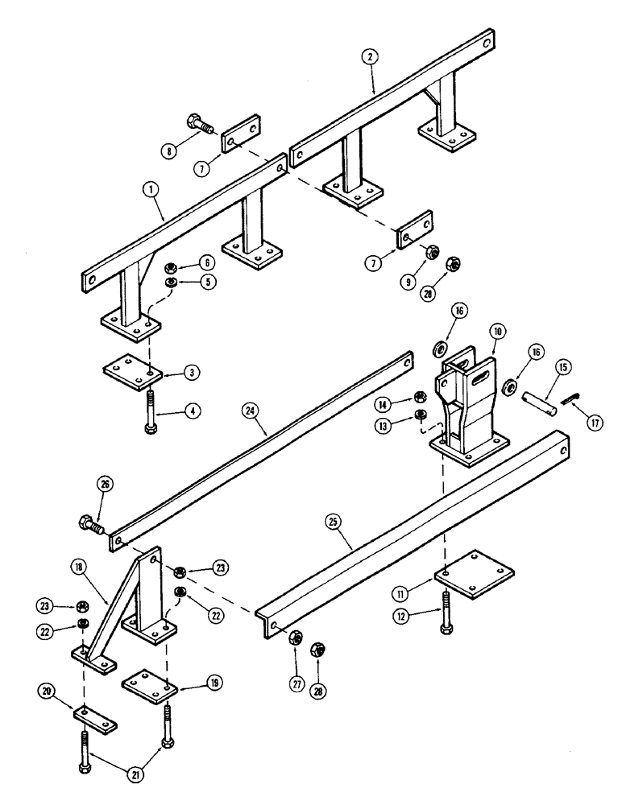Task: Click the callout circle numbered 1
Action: click(x=151, y=190)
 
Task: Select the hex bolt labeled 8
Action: click(x=202, y=126)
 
